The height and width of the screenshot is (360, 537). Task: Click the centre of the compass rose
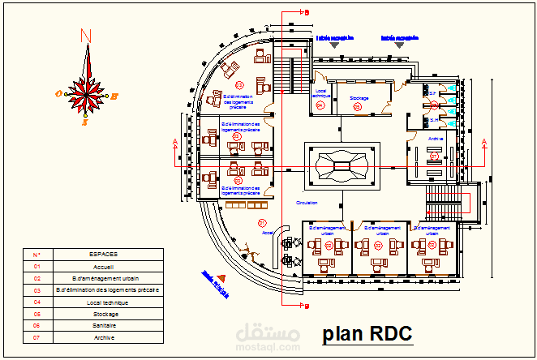point(85,94)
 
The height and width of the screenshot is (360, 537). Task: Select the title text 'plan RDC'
point(367,333)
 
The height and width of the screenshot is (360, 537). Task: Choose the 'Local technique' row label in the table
point(105,302)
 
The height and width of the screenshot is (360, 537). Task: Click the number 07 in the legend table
point(37,337)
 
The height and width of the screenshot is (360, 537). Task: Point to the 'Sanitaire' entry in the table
point(105,325)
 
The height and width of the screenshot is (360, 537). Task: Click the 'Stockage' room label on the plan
point(359,98)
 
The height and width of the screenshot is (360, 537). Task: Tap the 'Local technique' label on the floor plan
point(321,93)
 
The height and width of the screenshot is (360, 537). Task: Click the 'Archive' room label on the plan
point(436,139)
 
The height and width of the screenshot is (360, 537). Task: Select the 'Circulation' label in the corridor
point(307,203)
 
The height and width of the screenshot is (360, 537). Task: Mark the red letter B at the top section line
point(307,12)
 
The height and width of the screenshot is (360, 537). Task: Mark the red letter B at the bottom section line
point(307,306)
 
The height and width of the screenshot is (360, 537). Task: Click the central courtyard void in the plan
point(342,165)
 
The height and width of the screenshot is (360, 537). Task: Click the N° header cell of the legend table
point(37,254)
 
